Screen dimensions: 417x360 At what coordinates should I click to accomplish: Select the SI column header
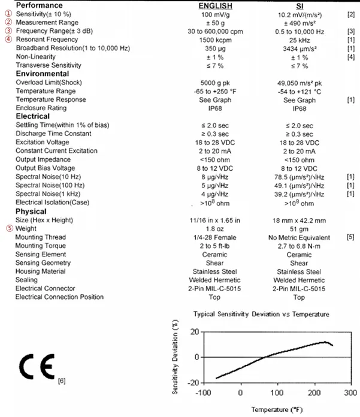pyautogui.click(x=301, y=5)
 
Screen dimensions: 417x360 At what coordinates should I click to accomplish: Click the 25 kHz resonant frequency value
pyautogui.click(x=301, y=39)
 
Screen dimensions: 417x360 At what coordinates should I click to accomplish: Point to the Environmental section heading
pyautogui.click(x=41, y=73)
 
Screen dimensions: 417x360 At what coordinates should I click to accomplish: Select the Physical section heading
pyautogui.click(x=31, y=211)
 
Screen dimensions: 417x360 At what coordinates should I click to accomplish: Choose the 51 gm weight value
pyautogui.click(x=301, y=229)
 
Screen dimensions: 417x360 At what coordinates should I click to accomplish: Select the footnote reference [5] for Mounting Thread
pyautogui.click(x=350, y=237)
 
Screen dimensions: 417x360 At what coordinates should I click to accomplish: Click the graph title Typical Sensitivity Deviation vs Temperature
pyautogui.click(x=261, y=314)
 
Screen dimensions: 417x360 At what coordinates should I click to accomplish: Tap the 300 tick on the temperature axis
pyautogui.click(x=350, y=393)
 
